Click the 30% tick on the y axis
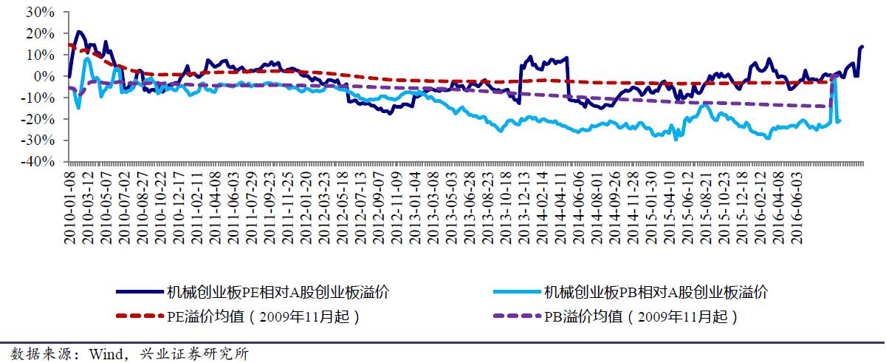(x=40, y=12)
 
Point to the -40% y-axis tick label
(x=38, y=161)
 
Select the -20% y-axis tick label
(x=38, y=119)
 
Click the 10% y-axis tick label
(x=40, y=55)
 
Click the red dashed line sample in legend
(x=140, y=317)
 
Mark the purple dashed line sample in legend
(x=517, y=317)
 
